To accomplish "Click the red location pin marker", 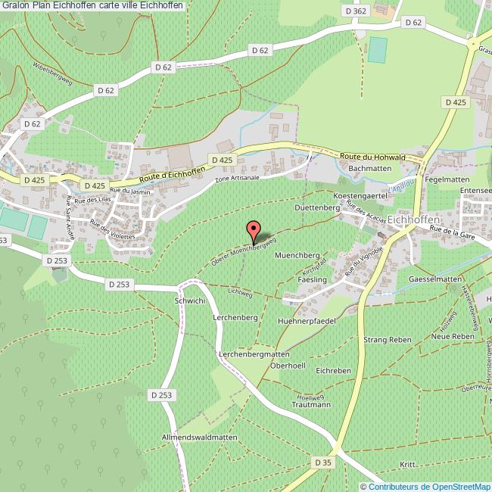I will point(254,230).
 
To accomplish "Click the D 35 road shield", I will point(322,462).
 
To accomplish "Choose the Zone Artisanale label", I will point(237,179).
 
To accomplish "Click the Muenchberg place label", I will point(297,256).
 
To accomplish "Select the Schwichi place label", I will point(190,300).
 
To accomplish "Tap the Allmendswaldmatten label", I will point(200,438).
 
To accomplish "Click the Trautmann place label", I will point(311,405).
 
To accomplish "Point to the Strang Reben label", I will point(387,340).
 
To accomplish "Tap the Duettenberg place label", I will point(315,207).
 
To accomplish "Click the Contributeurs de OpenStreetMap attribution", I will point(425,486).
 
